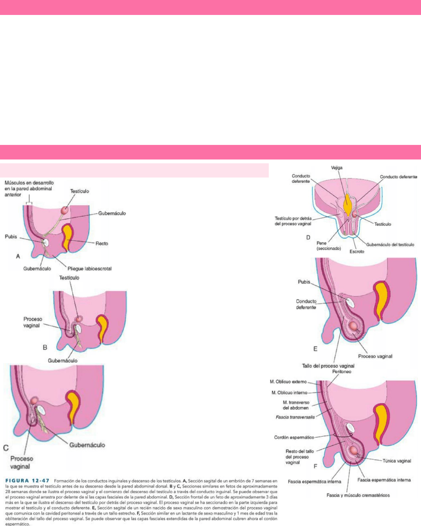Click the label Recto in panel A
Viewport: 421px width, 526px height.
coord(102,243)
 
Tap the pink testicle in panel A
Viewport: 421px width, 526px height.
coord(64,210)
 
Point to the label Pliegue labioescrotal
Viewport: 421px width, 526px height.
coord(89,269)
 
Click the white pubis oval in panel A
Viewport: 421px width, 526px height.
coord(46,242)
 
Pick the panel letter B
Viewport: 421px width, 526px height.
coord(45,347)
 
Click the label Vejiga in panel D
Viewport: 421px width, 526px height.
coord(337,168)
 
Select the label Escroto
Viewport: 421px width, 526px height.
coord(357,251)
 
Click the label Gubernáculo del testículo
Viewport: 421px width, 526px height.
coord(390,245)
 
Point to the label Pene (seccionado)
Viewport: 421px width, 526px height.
coord(329,246)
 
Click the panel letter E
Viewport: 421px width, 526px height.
coord(315,349)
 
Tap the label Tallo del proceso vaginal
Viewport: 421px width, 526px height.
coord(328,366)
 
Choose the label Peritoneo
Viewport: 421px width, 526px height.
coord(342,371)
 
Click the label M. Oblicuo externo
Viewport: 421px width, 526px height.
coord(288,381)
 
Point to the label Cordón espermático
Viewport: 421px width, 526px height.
coord(294,437)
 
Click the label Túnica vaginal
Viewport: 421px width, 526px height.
coord(396,461)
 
